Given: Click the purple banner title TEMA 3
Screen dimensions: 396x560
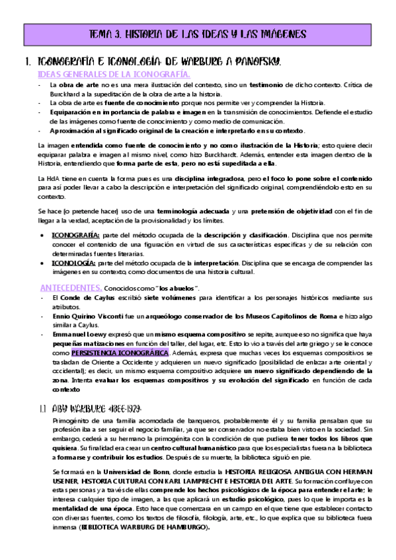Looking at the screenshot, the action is coord(197,33).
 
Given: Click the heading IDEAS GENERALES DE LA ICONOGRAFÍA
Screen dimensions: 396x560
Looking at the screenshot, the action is coord(114,74).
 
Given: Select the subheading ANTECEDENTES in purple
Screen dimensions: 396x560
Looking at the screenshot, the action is coord(71,287).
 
